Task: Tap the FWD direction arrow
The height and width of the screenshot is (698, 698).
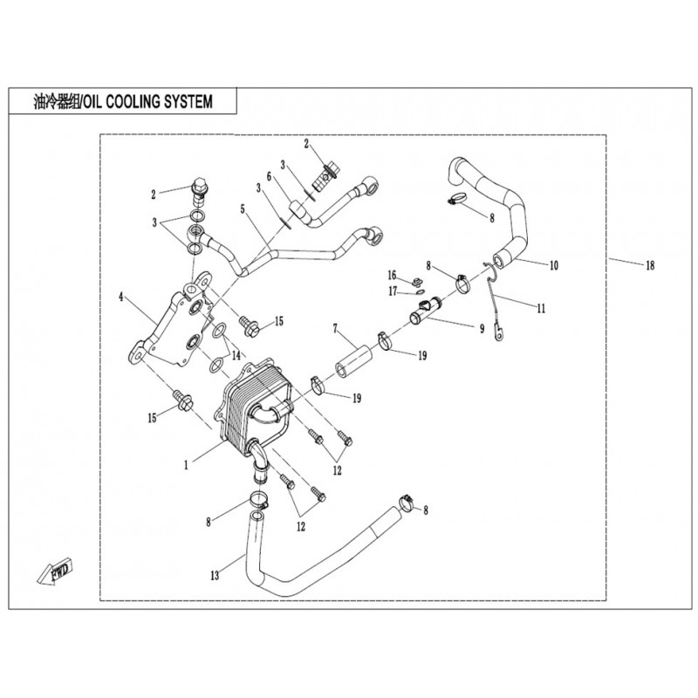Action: [x=57, y=571]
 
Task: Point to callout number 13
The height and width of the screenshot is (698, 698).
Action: [x=215, y=576]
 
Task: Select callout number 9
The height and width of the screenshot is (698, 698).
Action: [x=482, y=330]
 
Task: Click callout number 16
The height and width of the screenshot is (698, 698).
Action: [x=392, y=274]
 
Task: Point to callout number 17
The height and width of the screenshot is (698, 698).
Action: [x=392, y=291]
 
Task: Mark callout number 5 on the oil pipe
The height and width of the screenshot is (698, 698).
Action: [x=243, y=209]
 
